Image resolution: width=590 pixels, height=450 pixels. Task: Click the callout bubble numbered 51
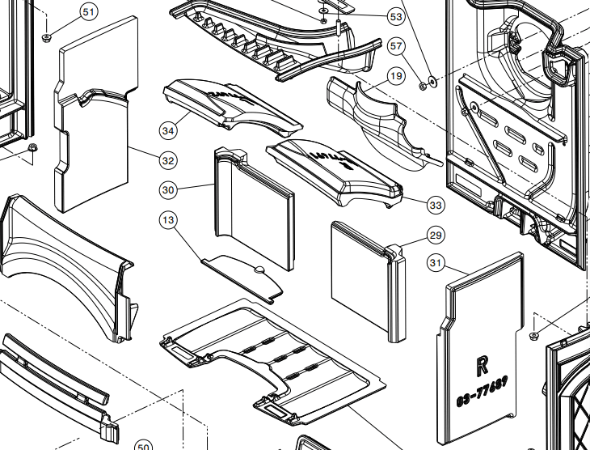[x=89, y=12]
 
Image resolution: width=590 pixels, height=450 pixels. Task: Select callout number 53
[x=395, y=16]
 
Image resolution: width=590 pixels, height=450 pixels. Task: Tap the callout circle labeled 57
[x=395, y=46]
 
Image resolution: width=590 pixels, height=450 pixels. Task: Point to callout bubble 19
[x=395, y=77]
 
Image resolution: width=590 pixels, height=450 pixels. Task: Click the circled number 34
[x=168, y=130]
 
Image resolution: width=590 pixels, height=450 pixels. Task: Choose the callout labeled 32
[x=168, y=160]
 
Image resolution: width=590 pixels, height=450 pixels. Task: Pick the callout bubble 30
[x=168, y=190]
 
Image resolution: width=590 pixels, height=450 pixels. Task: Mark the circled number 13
[x=168, y=220]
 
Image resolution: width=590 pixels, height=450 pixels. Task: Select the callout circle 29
[x=436, y=236]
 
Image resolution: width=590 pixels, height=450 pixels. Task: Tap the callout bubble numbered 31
[x=436, y=262]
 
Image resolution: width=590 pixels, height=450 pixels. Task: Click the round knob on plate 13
[x=259, y=270]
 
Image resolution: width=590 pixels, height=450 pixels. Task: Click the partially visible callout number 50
[x=142, y=445]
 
